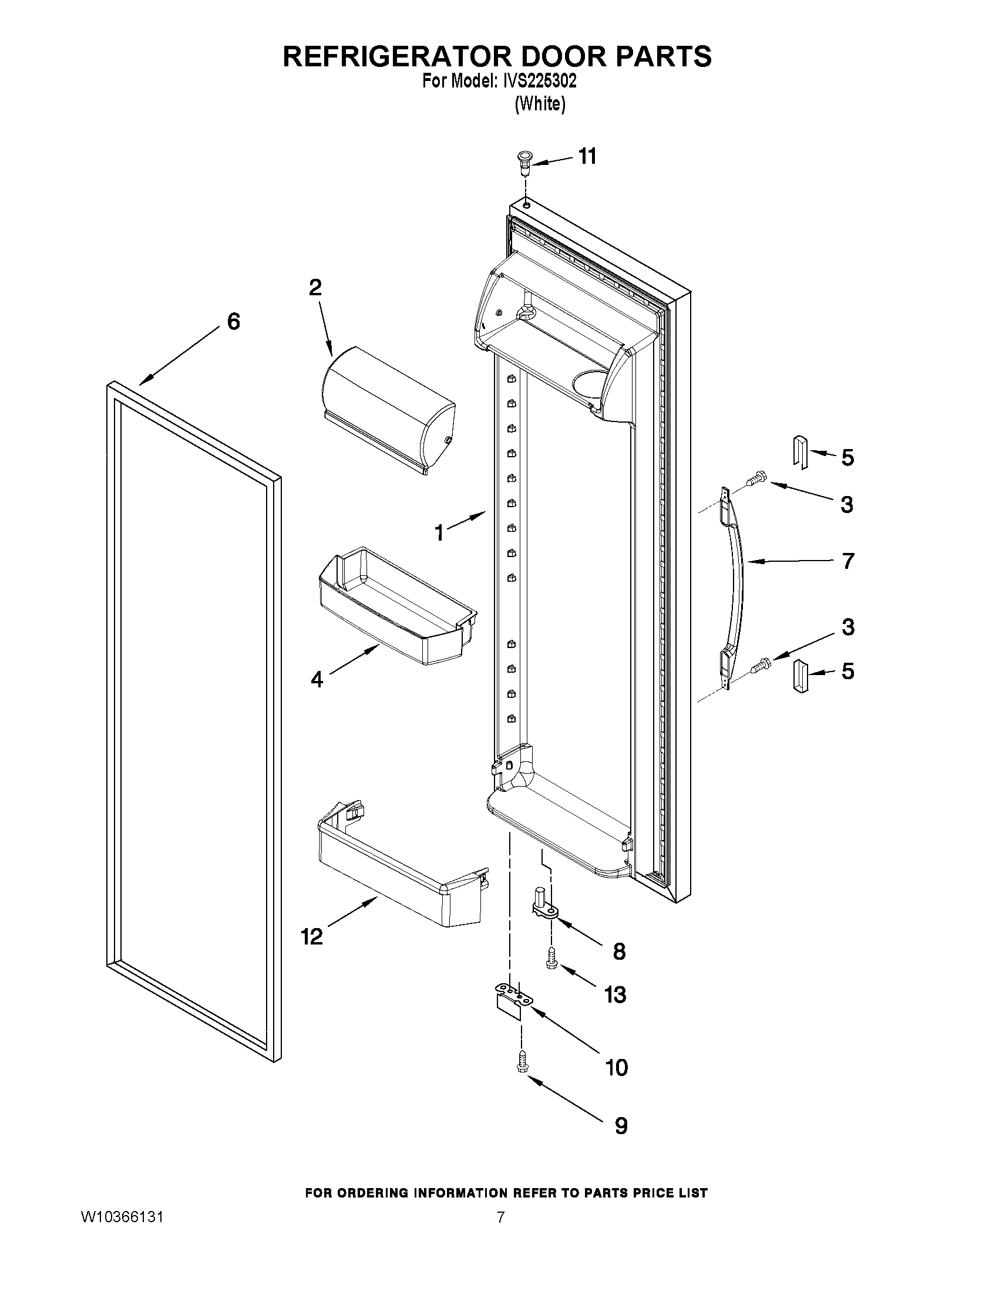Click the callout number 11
coord(587,157)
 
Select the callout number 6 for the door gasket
coord(234,322)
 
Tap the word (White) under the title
coord(540,104)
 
